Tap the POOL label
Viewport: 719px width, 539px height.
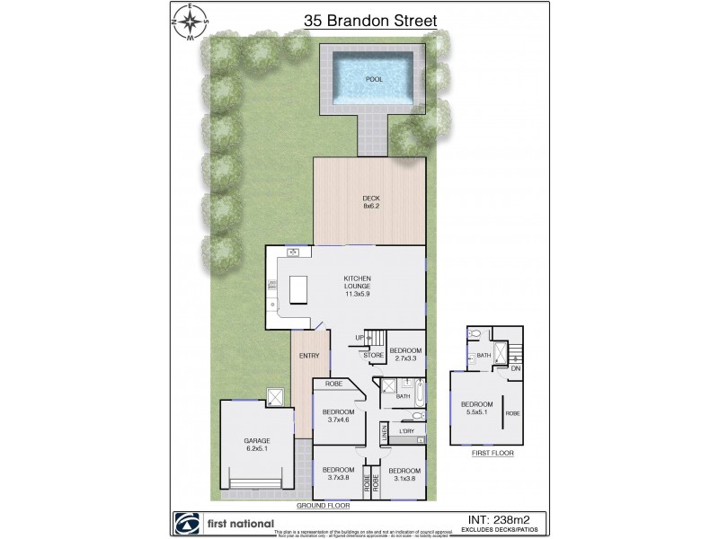[x=374, y=79]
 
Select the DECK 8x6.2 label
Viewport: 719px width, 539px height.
[x=370, y=202]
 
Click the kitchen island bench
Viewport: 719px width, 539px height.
[x=300, y=290]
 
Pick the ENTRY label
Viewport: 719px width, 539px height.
[x=309, y=356]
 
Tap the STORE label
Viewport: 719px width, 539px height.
[x=373, y=356]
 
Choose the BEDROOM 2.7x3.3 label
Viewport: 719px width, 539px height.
[x=405, y=354]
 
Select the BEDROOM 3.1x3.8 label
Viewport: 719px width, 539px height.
[x=405, y=474]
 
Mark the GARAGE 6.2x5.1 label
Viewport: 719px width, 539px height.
[x=256, y=445]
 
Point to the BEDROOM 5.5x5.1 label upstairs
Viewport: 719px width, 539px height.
[x=476, y=407]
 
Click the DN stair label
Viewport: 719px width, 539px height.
[x=515, y=368]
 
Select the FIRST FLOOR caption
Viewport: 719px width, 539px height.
[x=493, y=454]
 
